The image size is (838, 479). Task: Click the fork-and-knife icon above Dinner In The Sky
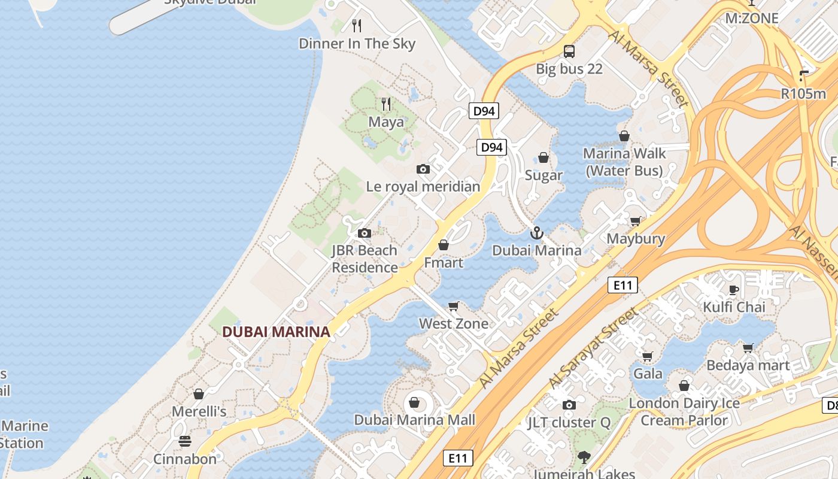point(357,25)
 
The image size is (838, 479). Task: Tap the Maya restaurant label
point(386,122)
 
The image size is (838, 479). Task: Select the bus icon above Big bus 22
point(569,51)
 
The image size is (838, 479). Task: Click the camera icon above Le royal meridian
point(423,169)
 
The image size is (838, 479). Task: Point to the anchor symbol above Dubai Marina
point(537,233)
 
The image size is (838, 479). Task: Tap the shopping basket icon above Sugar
point(544,157)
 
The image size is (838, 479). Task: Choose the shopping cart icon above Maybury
point(636,222)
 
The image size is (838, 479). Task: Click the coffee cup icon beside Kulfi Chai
point(734,290)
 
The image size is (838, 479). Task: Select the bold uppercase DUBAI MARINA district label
point(276,332)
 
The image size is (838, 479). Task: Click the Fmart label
point(444,262)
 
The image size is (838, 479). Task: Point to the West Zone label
point(454,324)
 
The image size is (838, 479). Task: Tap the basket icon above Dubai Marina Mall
point(414,402)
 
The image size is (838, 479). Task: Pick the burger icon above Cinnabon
point(185,441)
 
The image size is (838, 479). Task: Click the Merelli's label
point(199,411)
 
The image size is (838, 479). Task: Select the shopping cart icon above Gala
point(648,357)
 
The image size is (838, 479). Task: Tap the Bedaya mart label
point(748,365)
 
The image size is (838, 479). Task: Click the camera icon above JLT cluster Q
point(569,405)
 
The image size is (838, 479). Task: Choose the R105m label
point(803,93)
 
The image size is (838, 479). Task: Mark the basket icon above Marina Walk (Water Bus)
point(624,137)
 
